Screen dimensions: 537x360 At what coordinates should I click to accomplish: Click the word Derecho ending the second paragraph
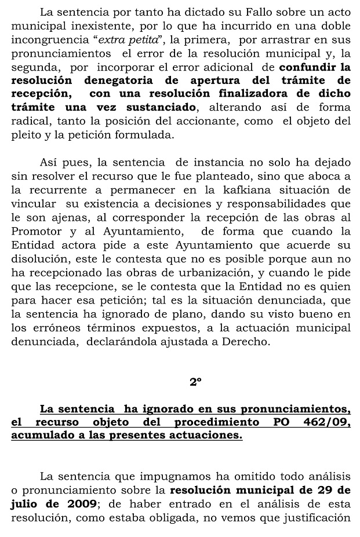point(250,342)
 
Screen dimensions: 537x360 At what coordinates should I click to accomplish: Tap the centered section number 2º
point(195,382)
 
